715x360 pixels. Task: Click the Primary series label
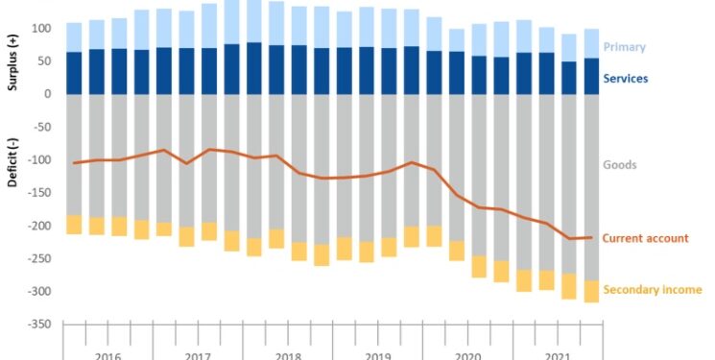pos(624,47)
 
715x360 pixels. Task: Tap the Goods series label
pos(619,165)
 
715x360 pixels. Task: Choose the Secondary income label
pos(653,289)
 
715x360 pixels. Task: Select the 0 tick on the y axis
pos(45,94)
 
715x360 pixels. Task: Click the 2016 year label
pos(107,355)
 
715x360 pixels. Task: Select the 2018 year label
pos(288,355)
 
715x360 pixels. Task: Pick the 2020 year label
pos(467,355)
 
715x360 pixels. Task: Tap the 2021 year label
pos(558,355)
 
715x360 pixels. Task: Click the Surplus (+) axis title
pos(12,60)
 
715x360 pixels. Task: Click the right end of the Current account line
pos(591,237)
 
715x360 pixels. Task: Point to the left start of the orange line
pos(74,163)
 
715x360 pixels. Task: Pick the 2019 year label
pos(377,355)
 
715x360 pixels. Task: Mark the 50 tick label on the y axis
pos(41,61)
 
